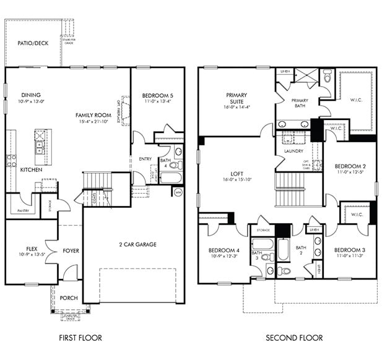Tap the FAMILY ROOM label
[93, 115]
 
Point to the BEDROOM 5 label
[157, 95]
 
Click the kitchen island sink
[40, 147]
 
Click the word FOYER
[71, 251]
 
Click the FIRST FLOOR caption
[80, 338]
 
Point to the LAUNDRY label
[292, 150]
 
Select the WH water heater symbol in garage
[178, 192]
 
